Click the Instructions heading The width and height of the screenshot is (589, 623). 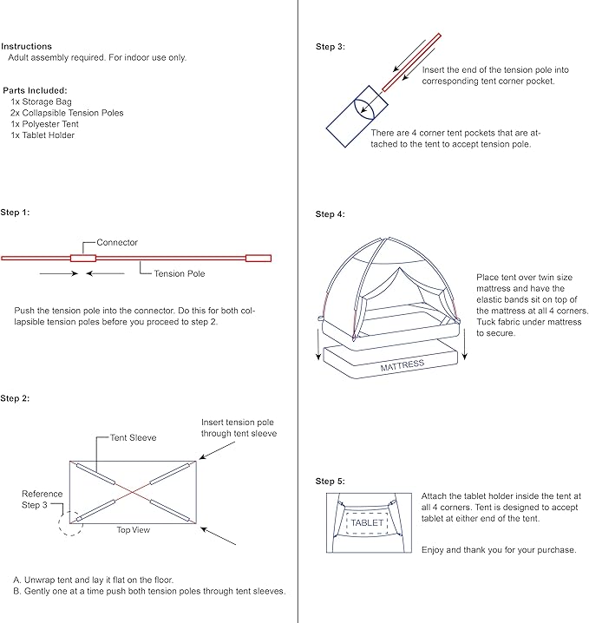coord(27,46)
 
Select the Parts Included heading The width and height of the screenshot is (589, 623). coord(36,90)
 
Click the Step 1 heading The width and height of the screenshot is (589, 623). coord(15,213)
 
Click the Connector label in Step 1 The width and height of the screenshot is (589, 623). coord(117,243)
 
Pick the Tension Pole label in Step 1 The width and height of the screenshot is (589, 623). coord(180,273)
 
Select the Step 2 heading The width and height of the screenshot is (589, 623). coord(15,398)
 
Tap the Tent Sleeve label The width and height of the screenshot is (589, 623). coord(133,438)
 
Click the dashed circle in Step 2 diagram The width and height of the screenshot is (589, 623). coord(68,520)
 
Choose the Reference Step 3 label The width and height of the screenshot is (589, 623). coord(42,499)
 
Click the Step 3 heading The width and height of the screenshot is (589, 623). coord(330,46)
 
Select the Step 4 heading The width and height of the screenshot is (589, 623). coord(330,213)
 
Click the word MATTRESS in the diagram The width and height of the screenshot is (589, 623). coord(403,365)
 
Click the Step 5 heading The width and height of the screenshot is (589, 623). coord(330,481)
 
